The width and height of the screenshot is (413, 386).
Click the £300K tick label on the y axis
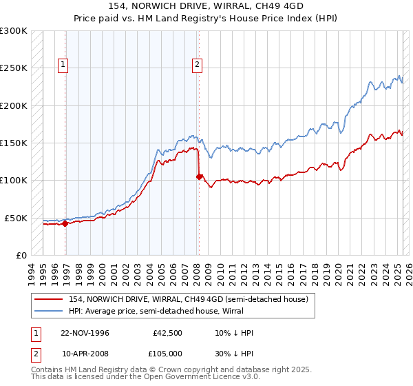tap(14, 31)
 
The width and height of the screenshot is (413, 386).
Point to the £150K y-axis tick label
tap(14, 143)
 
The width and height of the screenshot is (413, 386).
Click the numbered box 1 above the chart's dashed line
tap(63, 65)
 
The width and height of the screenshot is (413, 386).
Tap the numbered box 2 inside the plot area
tap(197, 65)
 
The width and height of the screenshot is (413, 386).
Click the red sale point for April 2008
tap(199, 177)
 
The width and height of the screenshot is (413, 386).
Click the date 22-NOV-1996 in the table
tap(85, 333)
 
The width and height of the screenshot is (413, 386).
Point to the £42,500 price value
tap(168, 333)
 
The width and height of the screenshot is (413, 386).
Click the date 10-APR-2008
tap(85, 354)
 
